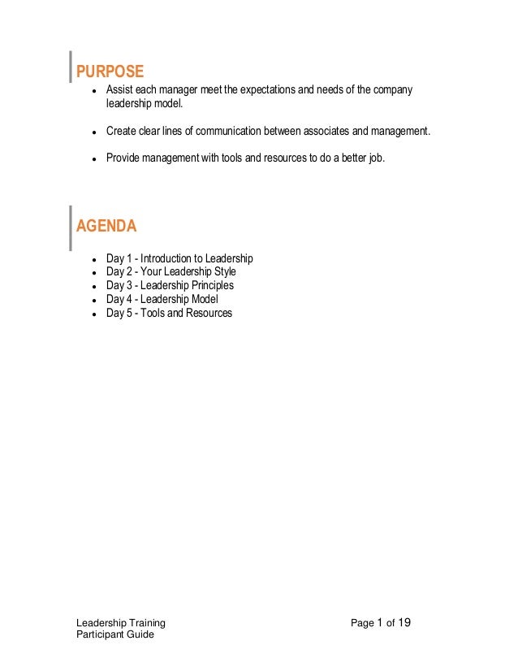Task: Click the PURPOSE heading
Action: (110, 71)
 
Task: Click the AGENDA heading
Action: (106, 226)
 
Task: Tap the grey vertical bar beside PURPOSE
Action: (70, 67)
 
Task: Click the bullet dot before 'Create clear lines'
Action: (94, 132)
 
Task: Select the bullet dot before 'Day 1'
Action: (94, 259)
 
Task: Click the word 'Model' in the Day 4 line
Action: (203, 299)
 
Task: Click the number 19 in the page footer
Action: (404, 623)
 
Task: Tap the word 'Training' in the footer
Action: (145, 623)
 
